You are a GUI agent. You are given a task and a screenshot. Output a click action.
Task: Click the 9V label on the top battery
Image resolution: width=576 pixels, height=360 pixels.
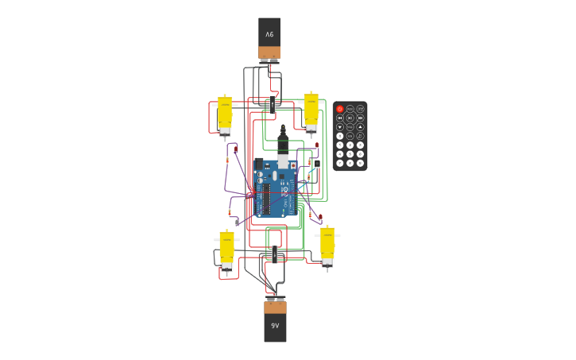click(x=269, y=34)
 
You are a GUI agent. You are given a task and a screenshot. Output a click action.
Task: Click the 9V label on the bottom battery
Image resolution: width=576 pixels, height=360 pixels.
click(x=275, y=326)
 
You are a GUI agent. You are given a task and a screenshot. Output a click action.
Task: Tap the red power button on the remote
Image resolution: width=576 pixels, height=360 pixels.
click(x=340, y=109)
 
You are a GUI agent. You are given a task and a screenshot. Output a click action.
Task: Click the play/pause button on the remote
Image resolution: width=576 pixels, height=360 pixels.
click(x=350, y=118)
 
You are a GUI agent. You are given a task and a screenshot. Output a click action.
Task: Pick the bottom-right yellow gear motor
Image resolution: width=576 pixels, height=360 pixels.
click(x=327, y=246)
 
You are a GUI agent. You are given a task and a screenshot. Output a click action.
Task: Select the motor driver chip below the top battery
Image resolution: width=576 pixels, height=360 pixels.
click(x=271, y=103)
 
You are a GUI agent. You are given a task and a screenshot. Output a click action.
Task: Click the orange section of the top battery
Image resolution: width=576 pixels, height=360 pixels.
click(x=269, y=52)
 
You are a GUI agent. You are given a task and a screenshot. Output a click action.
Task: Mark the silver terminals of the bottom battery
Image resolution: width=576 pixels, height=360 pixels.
click(x=275, y=300)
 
